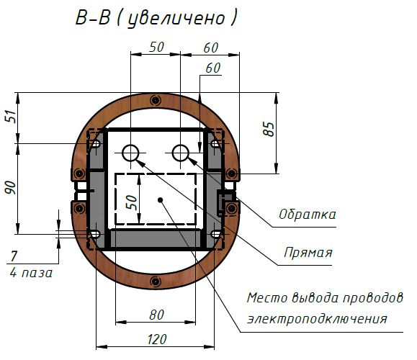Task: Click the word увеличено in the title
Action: pyautogui.click(x=176, y=19)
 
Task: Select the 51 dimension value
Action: pyautogui.click(x=12, y=116)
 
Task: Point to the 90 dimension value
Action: pyautogui.click(x=11, y=187)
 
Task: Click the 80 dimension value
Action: pyautogui.click(x=156, y=315)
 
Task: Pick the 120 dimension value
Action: pyautogui.click(x=157, y=340)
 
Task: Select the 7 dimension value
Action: pyautogui.click(x=14, y=256)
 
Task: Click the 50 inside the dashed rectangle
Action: pyautogui.click(x=131, y=202)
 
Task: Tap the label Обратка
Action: pyautogui.click(x=307, y=215)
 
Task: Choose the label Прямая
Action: pyautogui.click(x=308, y=252)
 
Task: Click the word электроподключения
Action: pyautogui.click(x=317, y=319)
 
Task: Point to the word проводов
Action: pyautogui.click(x=372, y=298)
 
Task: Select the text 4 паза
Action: pyautogui.click(x=31, y=273)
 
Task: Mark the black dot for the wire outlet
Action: pyautogui.click(x=160, y=200)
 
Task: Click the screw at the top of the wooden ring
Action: pyautogui.click(x=156, y=101)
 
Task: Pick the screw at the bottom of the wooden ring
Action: pyautogui.click(x=156, y=282)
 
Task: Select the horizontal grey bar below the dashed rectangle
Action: pyautogui.click(x=156, y=239)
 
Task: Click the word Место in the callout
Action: pyautogui.click(x=267, y=298)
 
